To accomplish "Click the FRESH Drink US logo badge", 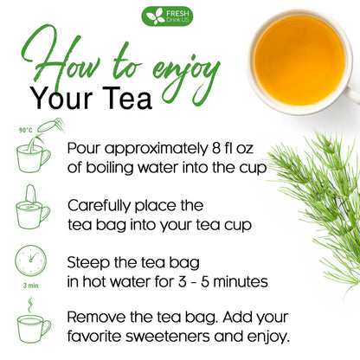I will tap(168, 16).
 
